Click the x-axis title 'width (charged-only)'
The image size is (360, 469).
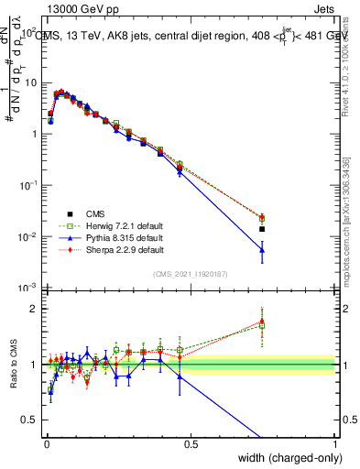[x=284, y=455]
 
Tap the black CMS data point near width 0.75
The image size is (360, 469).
[x=262, y=229]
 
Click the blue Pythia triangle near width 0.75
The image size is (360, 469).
[x=262, y=250]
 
